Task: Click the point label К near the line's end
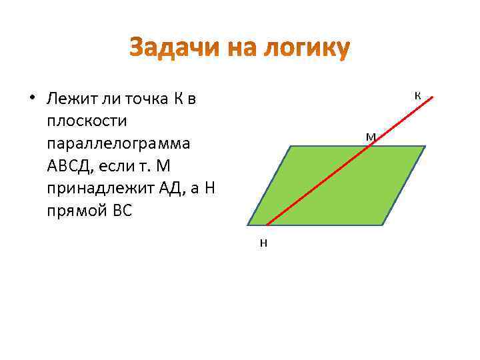click(417, 95)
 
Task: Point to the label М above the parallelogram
click(371, 137)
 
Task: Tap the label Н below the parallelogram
click(263, 243)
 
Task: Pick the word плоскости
click(83, 123)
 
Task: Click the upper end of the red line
click(433, 98)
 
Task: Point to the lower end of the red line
click(266, 225)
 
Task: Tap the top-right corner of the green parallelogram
click(425, 146)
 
